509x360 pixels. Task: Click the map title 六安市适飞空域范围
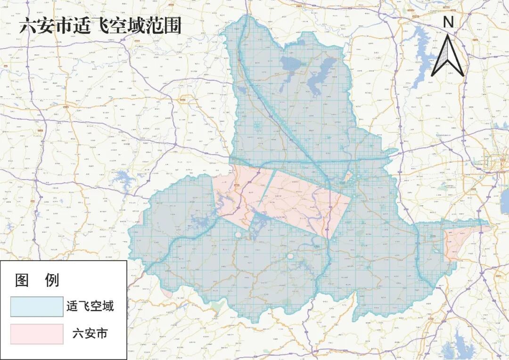[x=100, y=26]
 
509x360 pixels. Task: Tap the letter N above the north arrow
[x=448, y=22]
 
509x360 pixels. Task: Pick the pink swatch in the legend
[x=37, y=334]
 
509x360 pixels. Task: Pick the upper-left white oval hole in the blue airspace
[x=238, y=234]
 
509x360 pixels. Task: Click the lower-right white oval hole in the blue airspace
[x=291, y=256]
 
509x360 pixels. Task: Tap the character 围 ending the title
[x=173, y=26]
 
